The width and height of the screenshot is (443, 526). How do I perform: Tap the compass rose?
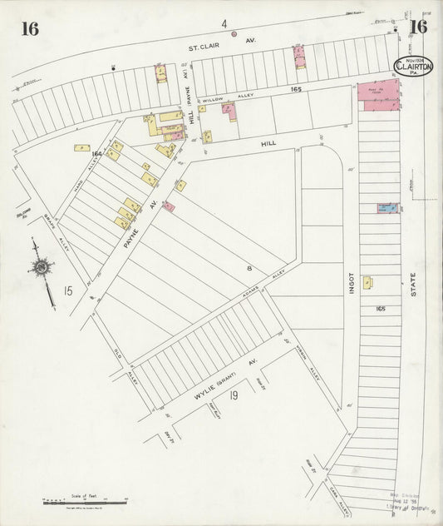tap(38, 266)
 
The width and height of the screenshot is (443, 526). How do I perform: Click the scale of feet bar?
tap(83, 501)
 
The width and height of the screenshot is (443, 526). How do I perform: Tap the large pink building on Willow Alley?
tap(379, 92)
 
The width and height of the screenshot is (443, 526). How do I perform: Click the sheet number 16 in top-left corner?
tap(31, 28)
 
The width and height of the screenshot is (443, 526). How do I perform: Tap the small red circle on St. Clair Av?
tap(234, 34)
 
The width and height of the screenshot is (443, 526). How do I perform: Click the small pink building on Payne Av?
tap(169, 206)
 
